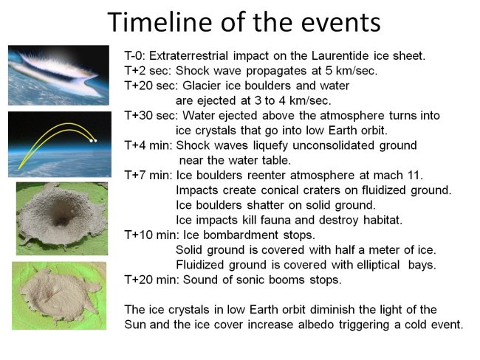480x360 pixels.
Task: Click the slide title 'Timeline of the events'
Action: coord(244,22)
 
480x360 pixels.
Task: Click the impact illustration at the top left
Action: coord(58,75)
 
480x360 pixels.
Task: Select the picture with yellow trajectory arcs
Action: coord(58,144)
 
